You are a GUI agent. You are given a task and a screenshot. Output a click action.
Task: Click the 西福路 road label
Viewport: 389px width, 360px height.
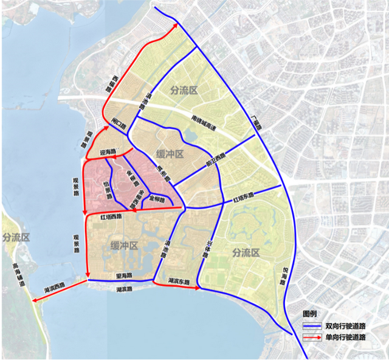click(x=111, y=83)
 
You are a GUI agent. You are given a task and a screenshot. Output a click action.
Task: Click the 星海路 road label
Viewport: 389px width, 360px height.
click(x=124, y=276)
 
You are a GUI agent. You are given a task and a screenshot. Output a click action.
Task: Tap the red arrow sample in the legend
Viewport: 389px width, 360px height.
click(x=312, y=337)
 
